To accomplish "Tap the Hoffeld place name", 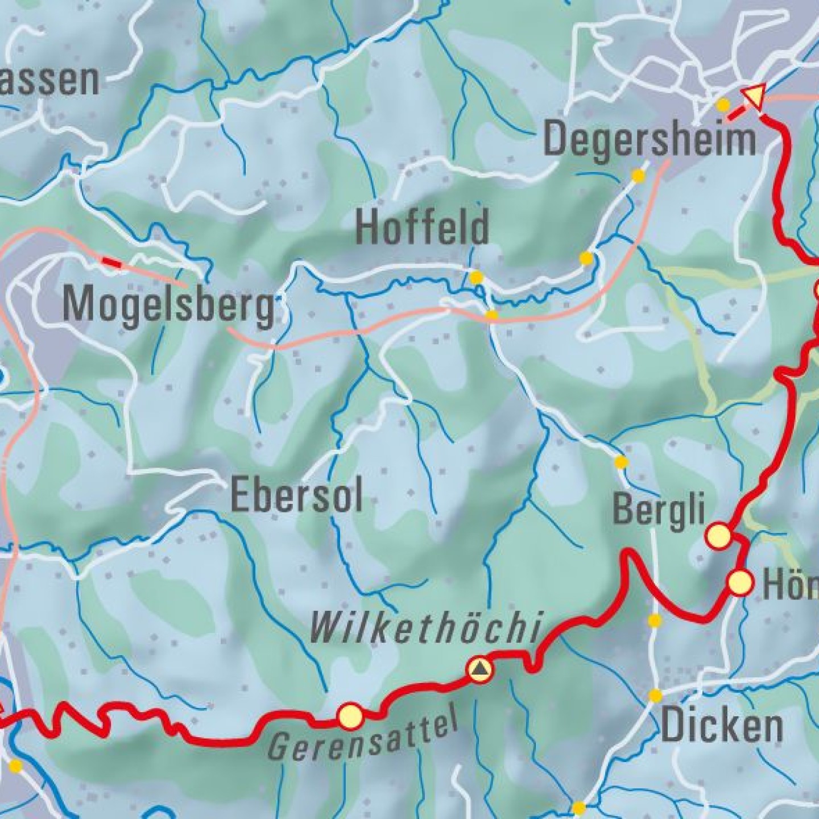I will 422,226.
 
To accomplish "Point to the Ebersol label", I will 296,496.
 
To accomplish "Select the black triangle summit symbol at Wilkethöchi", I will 480,669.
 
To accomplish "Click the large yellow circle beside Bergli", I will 718,535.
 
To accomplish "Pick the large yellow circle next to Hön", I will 740,583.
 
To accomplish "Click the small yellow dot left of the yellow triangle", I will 723,105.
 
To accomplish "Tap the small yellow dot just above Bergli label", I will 621,462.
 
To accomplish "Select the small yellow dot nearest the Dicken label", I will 655,695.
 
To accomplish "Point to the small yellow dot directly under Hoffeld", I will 476,278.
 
